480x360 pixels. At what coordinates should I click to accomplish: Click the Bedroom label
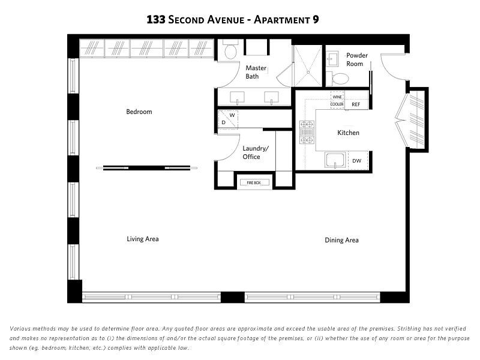point(139,112)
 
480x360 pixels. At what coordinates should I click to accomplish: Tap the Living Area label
point(143,239)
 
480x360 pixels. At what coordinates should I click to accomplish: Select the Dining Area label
point(341,241)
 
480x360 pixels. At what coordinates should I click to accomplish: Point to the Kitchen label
point(349,133)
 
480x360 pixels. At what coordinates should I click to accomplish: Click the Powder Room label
point(356,59)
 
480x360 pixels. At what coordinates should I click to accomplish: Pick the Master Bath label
point(256,72)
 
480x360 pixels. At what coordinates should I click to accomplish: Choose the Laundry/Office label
point(256,152)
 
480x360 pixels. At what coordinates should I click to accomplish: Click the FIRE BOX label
point(254,183)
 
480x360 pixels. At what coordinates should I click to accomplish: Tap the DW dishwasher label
point(356,161)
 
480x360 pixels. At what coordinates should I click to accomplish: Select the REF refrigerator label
point(356,104)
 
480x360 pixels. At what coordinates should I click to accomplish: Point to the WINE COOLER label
point(337,100)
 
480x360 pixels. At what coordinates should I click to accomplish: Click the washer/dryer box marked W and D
point(228,119)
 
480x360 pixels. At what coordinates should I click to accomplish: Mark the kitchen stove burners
point(307,132)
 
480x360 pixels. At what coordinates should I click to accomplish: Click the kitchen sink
point(335,160)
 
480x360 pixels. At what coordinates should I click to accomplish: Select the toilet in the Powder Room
point(338,79)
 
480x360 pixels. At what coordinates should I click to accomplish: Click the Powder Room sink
point(332,59)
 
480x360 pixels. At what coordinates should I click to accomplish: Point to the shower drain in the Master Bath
point(308,73)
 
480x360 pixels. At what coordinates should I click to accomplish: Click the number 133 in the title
point(156,20)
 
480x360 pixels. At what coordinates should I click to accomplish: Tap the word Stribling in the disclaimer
point(410,329)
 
